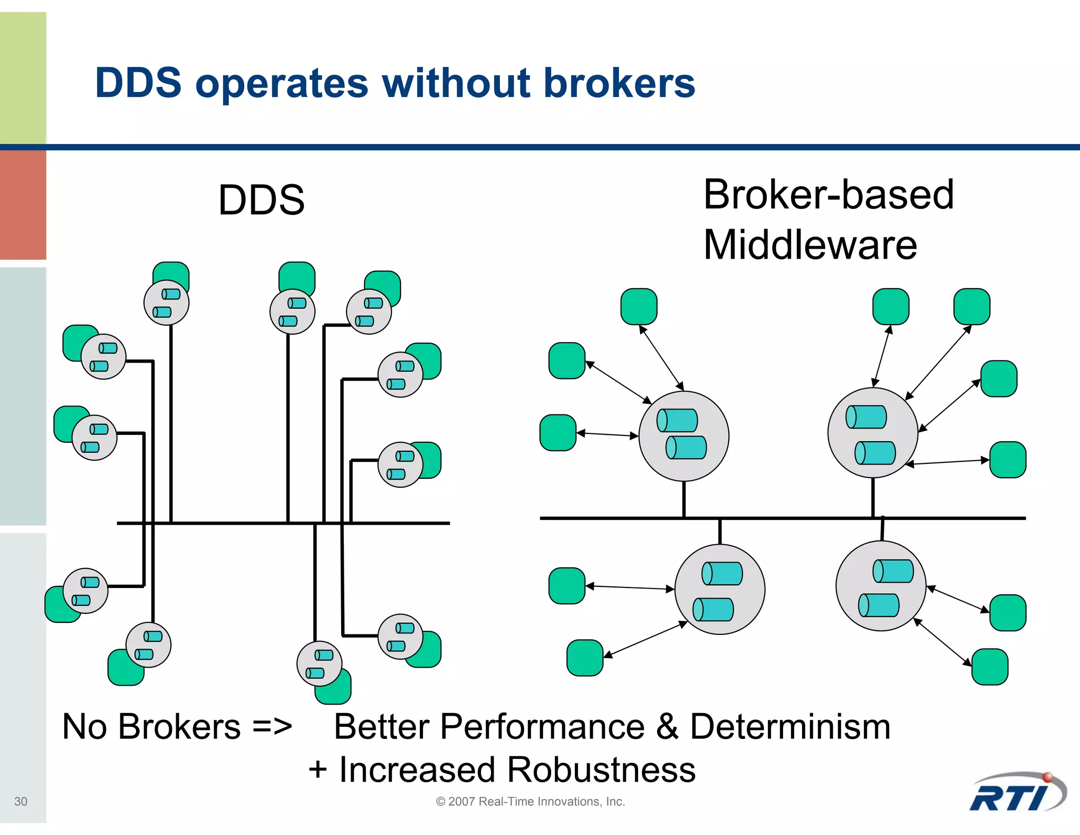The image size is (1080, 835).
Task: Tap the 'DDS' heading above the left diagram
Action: pos(262,200)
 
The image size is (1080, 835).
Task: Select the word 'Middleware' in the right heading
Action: pos(810,245)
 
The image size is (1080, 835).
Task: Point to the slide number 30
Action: pos(21,801)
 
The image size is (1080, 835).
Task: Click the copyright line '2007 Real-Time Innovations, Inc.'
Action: pos(531,801)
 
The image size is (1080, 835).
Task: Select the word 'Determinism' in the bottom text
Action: pos(790,727)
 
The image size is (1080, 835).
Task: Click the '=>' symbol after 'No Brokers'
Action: pos(272,727)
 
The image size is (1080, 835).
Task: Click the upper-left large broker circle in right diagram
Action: pos(683,436)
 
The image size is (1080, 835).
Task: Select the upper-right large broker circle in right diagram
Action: pos(872,433)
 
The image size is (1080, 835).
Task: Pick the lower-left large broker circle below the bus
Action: pos(719,589)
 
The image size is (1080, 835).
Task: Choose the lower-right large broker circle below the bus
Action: pos(881,586)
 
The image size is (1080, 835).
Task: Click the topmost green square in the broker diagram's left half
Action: pos(639,307)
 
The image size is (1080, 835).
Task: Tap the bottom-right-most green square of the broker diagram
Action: pos(989,667)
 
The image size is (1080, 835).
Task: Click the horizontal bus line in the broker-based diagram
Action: pos(780,518)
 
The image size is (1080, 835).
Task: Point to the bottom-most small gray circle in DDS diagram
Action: pos(319,663)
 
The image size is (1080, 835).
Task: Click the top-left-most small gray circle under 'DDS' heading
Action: pos(166,302)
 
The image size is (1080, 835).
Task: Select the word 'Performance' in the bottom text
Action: pos(542,727)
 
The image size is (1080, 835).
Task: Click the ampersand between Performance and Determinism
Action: pos(667,727)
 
